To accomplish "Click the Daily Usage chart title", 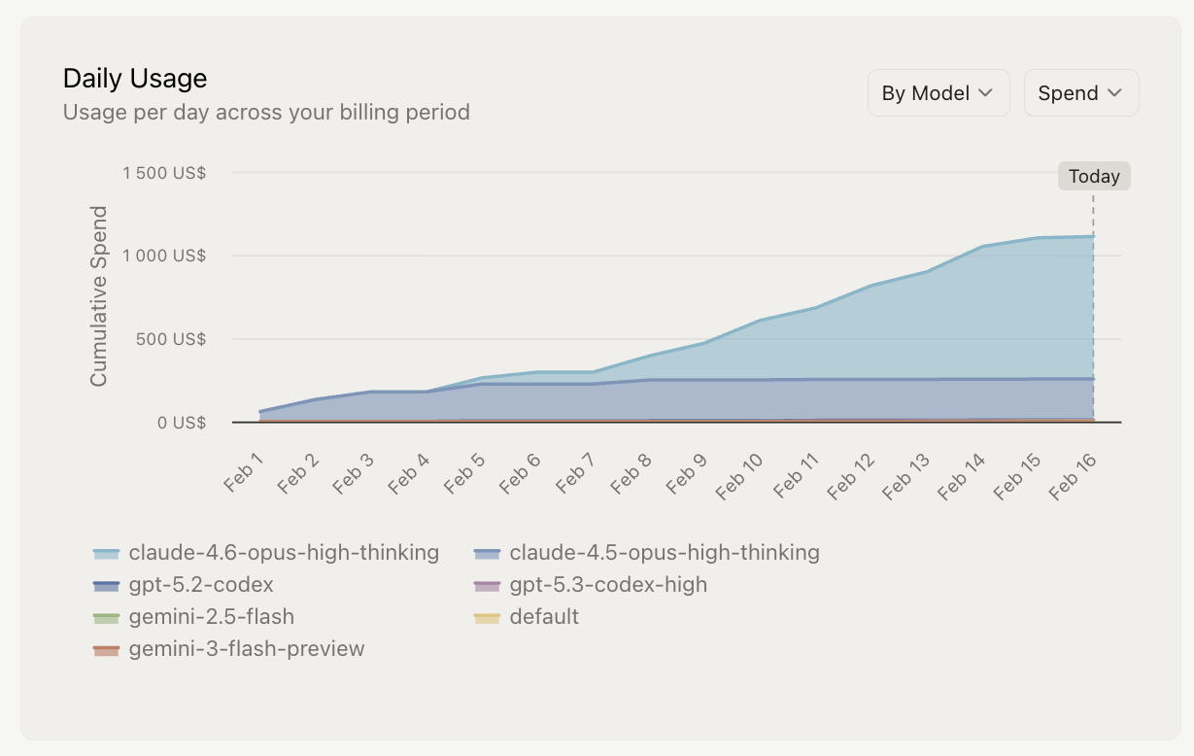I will point(135,79).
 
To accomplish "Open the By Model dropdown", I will point(938,93).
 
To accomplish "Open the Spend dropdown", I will point(1080,93).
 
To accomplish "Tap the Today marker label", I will point(1094,176).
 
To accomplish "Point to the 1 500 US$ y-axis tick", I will point(164,173).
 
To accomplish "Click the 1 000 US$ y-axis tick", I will point(164,256).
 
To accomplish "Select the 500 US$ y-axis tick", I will point(171,339).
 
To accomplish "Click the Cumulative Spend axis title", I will point(99,296).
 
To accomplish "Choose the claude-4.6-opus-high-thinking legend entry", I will point(266,553).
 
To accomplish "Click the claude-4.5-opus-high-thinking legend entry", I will point(647,553).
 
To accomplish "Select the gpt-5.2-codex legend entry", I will point(184,585).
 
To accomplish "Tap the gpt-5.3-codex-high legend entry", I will point(591,585).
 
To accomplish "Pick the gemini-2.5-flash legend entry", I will point(193,617).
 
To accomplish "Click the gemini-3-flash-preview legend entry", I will point(229,649).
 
